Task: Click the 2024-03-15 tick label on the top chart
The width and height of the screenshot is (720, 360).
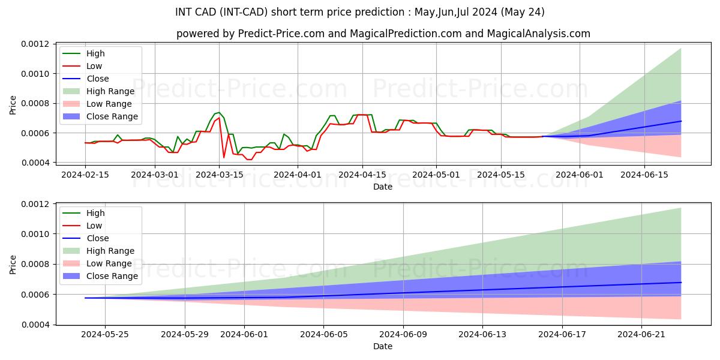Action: [220, 174]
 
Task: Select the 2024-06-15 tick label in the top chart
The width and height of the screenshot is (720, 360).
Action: [644, 174]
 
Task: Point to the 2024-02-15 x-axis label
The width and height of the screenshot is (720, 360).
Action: [85, 174]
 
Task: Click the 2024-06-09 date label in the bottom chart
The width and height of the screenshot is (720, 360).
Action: [403, 335]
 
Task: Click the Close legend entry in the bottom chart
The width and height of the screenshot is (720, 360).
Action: [98, 238]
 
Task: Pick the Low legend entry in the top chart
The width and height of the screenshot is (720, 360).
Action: [94, 66]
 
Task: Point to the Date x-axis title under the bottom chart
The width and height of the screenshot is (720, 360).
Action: [383, 346]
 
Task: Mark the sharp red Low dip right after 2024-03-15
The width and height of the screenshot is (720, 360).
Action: [224, 158]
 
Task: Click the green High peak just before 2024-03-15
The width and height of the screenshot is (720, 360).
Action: [219, 112]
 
